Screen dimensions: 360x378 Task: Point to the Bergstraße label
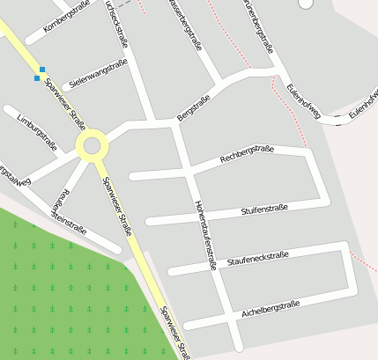194,107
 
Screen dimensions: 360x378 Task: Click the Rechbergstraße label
248,156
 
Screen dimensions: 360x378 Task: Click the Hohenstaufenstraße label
205,233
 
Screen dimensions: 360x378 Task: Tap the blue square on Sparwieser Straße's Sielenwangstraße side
42,69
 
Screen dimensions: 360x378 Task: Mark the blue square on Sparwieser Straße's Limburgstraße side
36,78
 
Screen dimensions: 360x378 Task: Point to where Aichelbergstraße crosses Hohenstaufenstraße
227,318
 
